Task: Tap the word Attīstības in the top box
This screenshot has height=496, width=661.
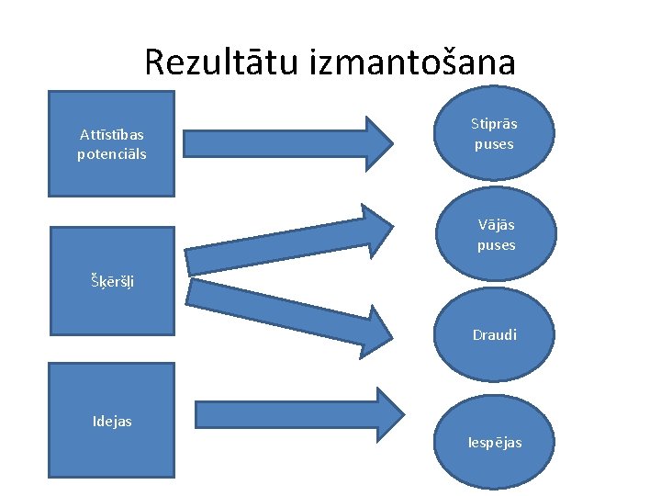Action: pos(111,135)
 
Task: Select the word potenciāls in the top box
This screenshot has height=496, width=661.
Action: pos(111,153)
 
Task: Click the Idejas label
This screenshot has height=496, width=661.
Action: pos(112,421)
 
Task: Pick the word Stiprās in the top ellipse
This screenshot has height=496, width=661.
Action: pos(494,123)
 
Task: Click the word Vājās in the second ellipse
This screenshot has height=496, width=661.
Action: pos(496,224)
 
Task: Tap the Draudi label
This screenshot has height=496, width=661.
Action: pos(494,334)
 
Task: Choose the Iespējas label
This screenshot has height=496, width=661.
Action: pos(494,442)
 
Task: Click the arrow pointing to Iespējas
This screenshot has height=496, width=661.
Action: pos(294,413)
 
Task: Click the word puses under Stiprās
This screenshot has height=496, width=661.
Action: pos(494,144)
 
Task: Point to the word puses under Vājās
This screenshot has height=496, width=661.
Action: pos(496,245)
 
